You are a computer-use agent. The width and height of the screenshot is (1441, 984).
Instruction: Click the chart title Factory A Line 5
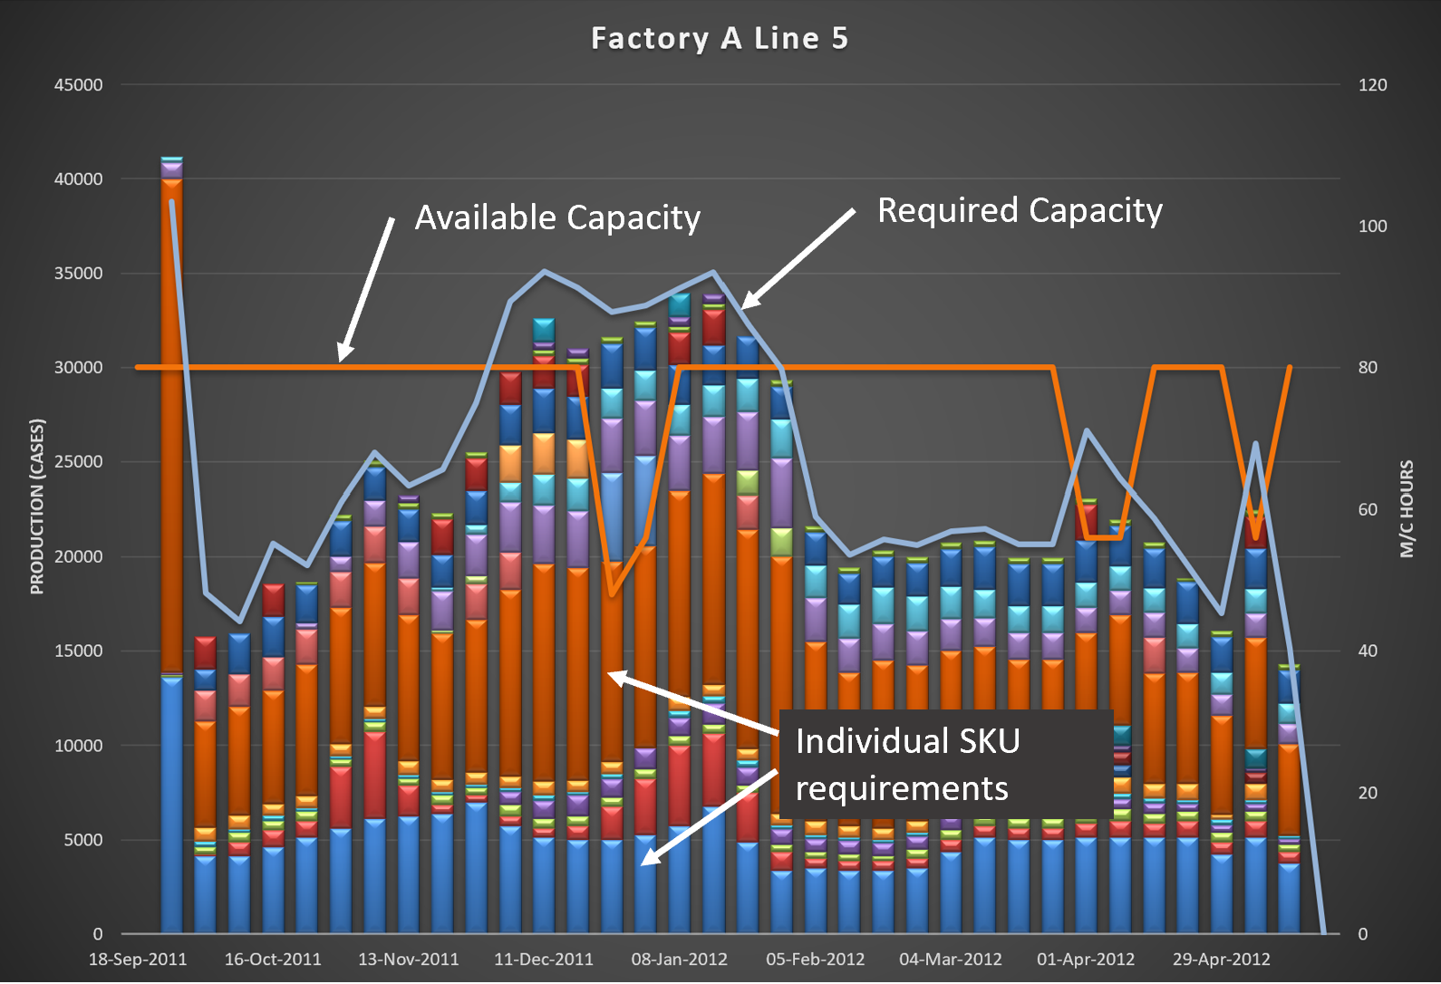pyautogui.click(x=720, y=39)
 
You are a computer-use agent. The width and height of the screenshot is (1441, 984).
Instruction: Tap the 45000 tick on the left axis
pyautogui.click(x=79, y=85)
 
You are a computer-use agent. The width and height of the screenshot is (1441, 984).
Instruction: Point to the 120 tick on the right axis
pyautogui.click(x=1372, y=85)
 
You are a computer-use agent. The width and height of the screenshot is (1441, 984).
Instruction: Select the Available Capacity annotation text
pyautogui.click(x=557, y=218)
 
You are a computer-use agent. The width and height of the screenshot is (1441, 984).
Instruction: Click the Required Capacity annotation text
pyautogui.click(x=1020, y=211)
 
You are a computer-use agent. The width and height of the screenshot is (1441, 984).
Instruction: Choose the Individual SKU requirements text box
pyautogui.click(x=945, y=764)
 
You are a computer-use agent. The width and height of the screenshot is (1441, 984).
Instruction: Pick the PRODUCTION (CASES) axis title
pyautogui.click(x=37, y=506)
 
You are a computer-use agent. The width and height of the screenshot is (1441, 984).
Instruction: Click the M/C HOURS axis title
pyautogui.click(x=1407, y=508)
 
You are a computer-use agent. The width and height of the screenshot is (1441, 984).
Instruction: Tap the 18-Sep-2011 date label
pyautogui.click(x=138, y=960)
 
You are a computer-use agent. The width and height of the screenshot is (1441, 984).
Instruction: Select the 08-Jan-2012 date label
pyautogui.click(x=679, y=960)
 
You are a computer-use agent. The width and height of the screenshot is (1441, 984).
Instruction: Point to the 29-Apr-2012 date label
pyautogui.click(x=1221, y=960)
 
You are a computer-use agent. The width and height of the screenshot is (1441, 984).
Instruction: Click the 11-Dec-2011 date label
pyautogui.click(x=543, y=960)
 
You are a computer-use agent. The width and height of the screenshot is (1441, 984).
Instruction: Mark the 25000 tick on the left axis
pyautogui.click(x=79, y=462)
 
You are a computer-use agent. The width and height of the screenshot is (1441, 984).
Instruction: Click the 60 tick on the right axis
pyautogui.click(x=1368, y=510)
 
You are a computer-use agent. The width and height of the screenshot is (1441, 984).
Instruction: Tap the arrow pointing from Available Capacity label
pyautogui.click(x=366, y=288)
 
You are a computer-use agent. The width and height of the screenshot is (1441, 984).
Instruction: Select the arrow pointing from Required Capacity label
pyautogui.click(x=798, y=259)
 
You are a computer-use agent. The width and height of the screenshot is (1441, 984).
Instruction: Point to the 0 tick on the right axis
pyautogui.click(x=1362, y=934)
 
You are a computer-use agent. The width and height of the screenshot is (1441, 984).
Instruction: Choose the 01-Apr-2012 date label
pyautogui.click(x=1085, y=960)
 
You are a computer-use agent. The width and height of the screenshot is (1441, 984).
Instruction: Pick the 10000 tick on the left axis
pyautogui.click(x=79, y=746)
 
